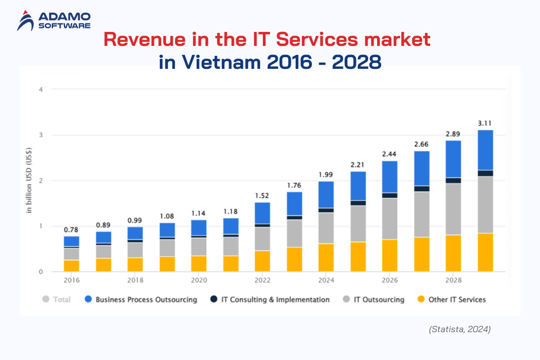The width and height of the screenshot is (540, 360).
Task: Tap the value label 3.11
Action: point(485,123)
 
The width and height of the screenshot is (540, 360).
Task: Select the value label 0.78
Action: point(71,229)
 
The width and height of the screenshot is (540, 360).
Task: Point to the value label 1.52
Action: point(262,196)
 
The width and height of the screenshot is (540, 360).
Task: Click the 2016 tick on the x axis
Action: point(72,280)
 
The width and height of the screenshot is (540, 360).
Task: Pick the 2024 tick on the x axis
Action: point(326,280)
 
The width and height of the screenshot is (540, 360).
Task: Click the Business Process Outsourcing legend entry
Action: point(141,300)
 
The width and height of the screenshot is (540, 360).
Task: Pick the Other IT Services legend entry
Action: point(451,300)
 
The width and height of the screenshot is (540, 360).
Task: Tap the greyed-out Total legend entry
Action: point(57,300)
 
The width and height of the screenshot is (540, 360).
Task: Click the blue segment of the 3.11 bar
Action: point(485,150)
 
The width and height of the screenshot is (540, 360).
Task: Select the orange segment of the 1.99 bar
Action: point(326,257)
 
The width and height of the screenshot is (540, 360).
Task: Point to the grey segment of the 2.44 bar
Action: point(390,219)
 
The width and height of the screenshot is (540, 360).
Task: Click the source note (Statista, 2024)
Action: point(459,329)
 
